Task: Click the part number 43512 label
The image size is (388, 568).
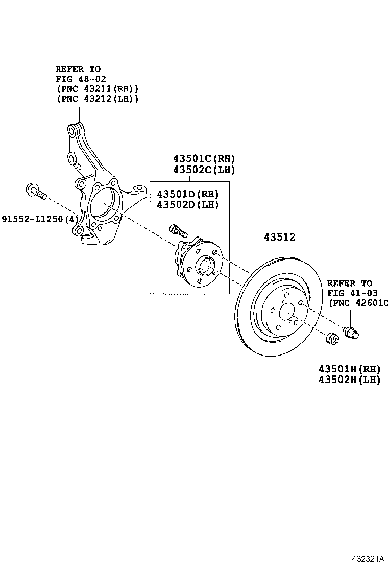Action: pos(279,238)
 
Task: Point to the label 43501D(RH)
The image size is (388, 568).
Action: pos(187,194)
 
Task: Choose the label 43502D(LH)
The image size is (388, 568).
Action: pos(187,205)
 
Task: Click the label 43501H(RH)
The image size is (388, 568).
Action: pos(349,369)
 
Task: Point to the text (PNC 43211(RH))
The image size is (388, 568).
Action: pos(97,88)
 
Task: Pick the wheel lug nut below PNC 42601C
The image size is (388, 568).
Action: pos(352,332)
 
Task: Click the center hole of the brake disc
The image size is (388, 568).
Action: pos(286,312)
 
